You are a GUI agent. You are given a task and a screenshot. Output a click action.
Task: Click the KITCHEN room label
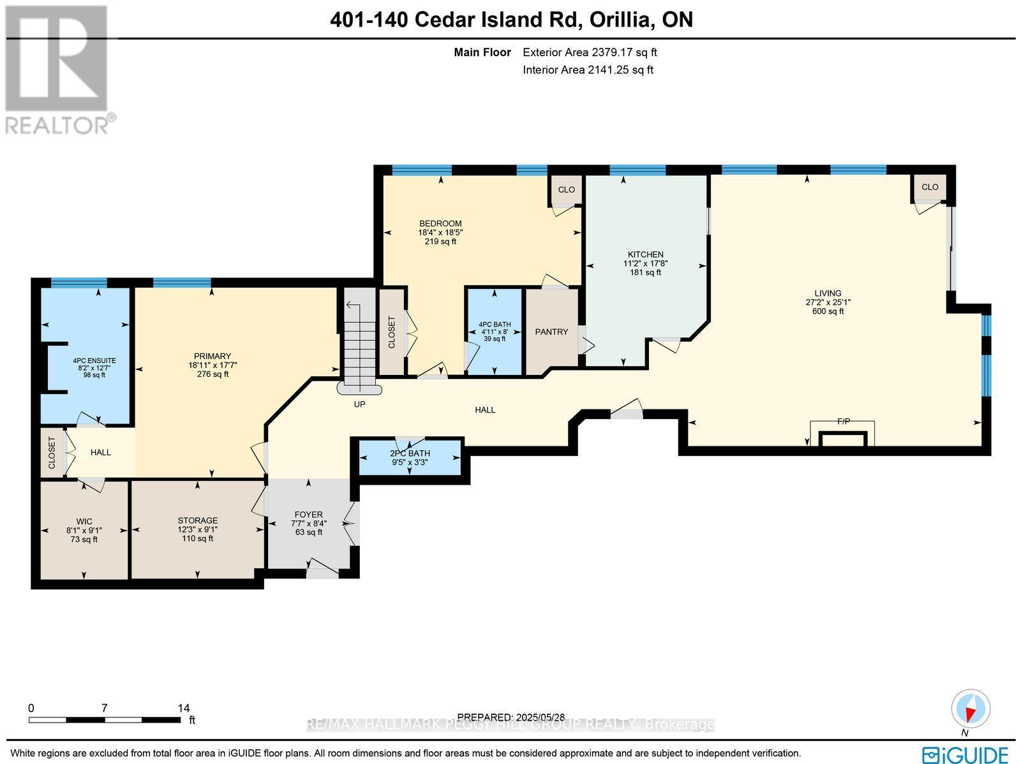645,254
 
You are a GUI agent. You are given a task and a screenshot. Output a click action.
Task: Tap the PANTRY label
551,332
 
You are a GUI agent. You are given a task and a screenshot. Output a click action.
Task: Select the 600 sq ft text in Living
828,311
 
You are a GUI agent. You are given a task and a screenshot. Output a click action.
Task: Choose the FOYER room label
308,514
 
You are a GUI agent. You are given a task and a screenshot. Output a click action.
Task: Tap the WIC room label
84,521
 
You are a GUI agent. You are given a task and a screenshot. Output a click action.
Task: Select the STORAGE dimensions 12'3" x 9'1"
197,529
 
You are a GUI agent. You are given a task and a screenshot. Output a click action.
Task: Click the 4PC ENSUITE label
94,360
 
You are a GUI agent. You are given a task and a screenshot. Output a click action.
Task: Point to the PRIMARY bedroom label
212,356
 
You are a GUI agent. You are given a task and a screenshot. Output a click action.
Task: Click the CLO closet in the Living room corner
930,187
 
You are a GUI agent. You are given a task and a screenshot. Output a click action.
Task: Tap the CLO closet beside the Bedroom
566,189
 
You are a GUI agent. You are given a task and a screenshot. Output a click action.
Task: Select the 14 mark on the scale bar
183,708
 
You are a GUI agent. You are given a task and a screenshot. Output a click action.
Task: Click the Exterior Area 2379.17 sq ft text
590,52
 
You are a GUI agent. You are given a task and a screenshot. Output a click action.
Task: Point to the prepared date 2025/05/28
511,717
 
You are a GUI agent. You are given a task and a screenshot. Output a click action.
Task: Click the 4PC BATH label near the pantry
495,324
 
